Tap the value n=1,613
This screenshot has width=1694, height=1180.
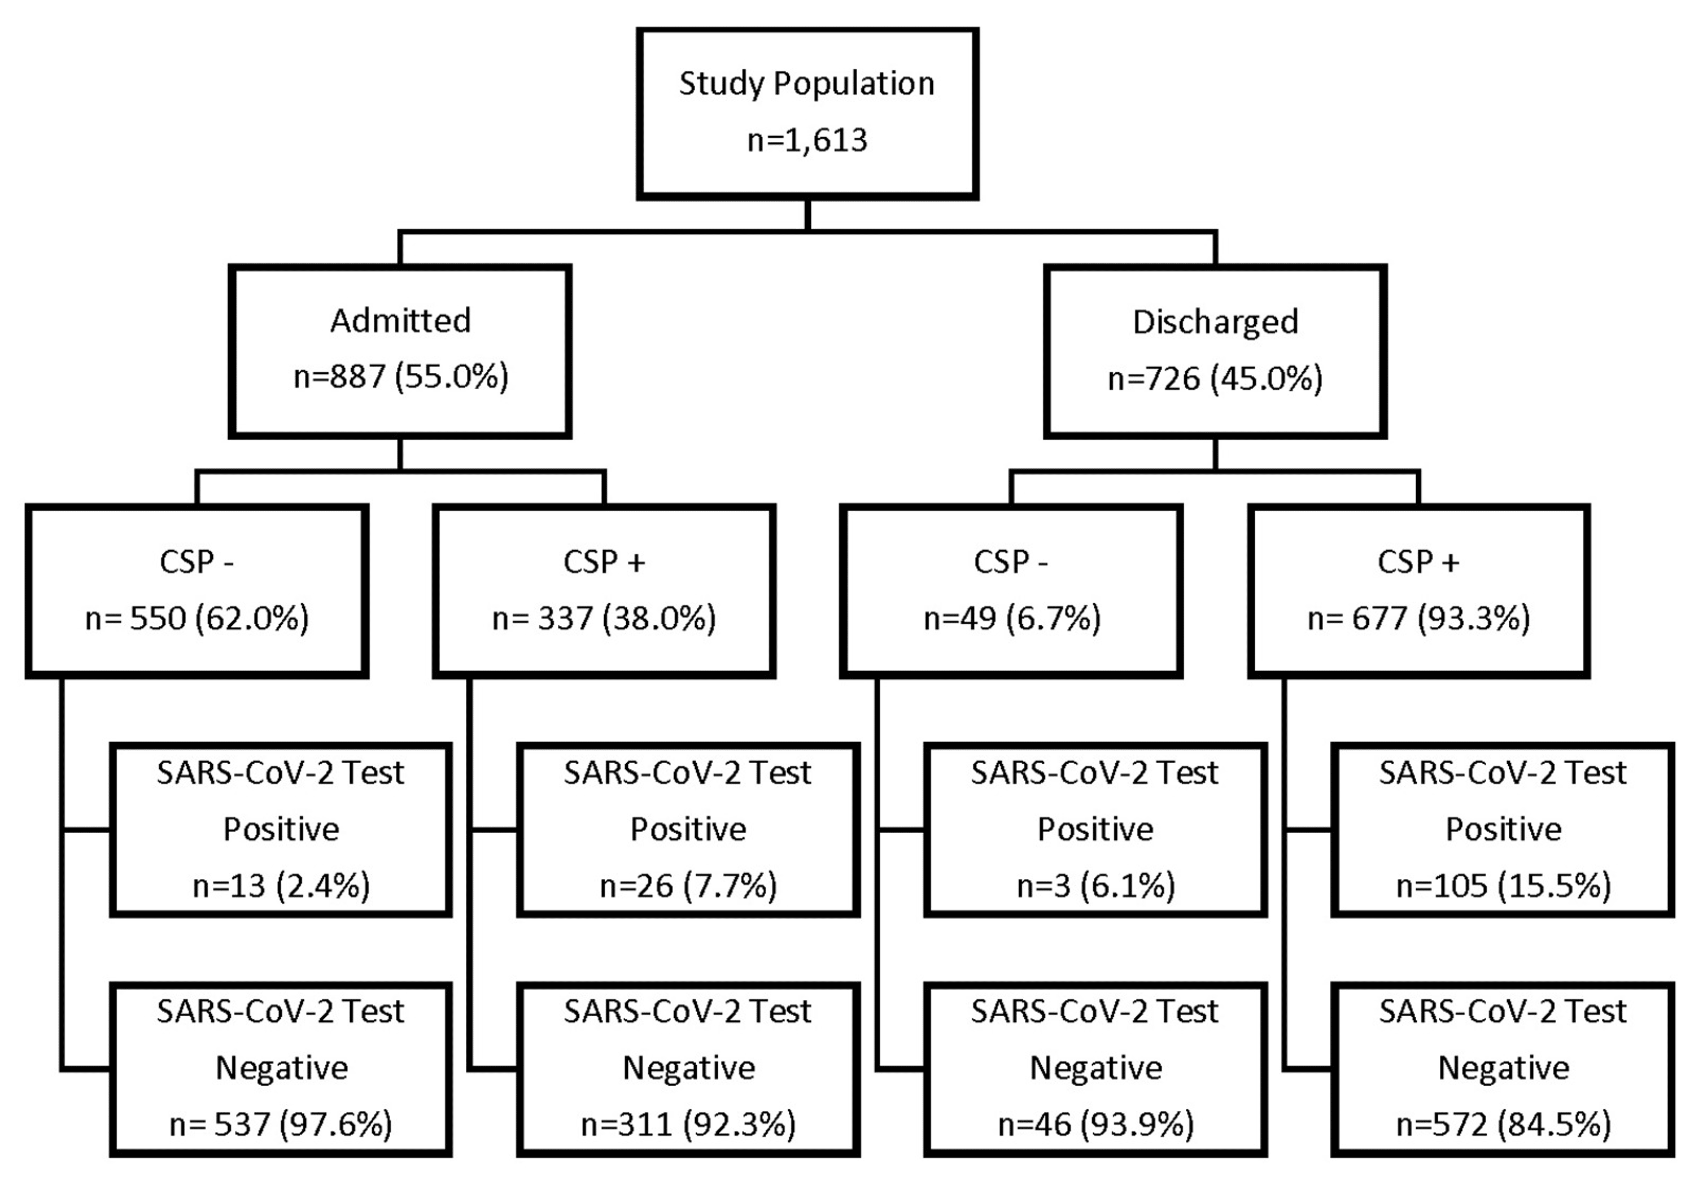807,140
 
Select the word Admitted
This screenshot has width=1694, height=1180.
400,321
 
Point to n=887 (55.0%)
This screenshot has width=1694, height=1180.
400,377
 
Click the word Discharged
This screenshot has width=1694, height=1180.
1215,323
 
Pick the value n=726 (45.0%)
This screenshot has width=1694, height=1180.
1215,378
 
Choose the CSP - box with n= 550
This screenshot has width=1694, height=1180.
197,590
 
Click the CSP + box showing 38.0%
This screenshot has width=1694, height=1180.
604,590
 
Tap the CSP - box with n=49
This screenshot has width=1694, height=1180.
1011,590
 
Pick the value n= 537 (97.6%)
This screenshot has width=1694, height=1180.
281,1125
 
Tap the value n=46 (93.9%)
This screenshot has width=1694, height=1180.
1095,1125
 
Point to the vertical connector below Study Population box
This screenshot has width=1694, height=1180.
808,215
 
